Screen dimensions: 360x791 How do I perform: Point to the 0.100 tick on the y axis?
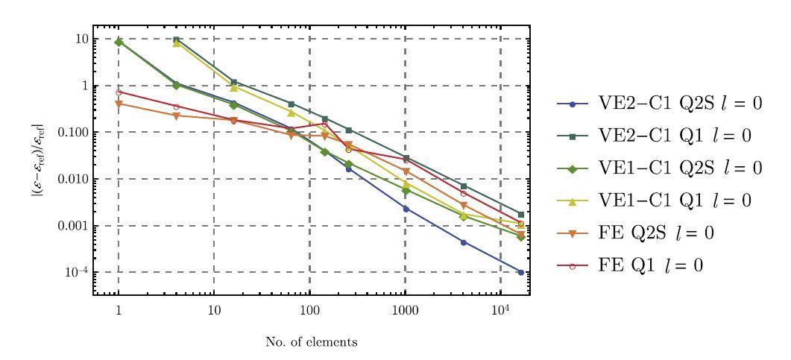[x=71, y=133]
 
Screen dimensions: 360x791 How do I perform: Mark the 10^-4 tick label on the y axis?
[x=75, y=272]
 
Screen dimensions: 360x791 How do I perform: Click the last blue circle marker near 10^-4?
[x=520, y=272]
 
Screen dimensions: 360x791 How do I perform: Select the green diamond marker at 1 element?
[x=119, y=42]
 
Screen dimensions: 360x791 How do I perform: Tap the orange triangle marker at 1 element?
[x=119, y=104]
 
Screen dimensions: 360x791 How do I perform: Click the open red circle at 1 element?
[x=119, y=92]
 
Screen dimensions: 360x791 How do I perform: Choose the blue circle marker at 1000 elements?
[x=405, y=209]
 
